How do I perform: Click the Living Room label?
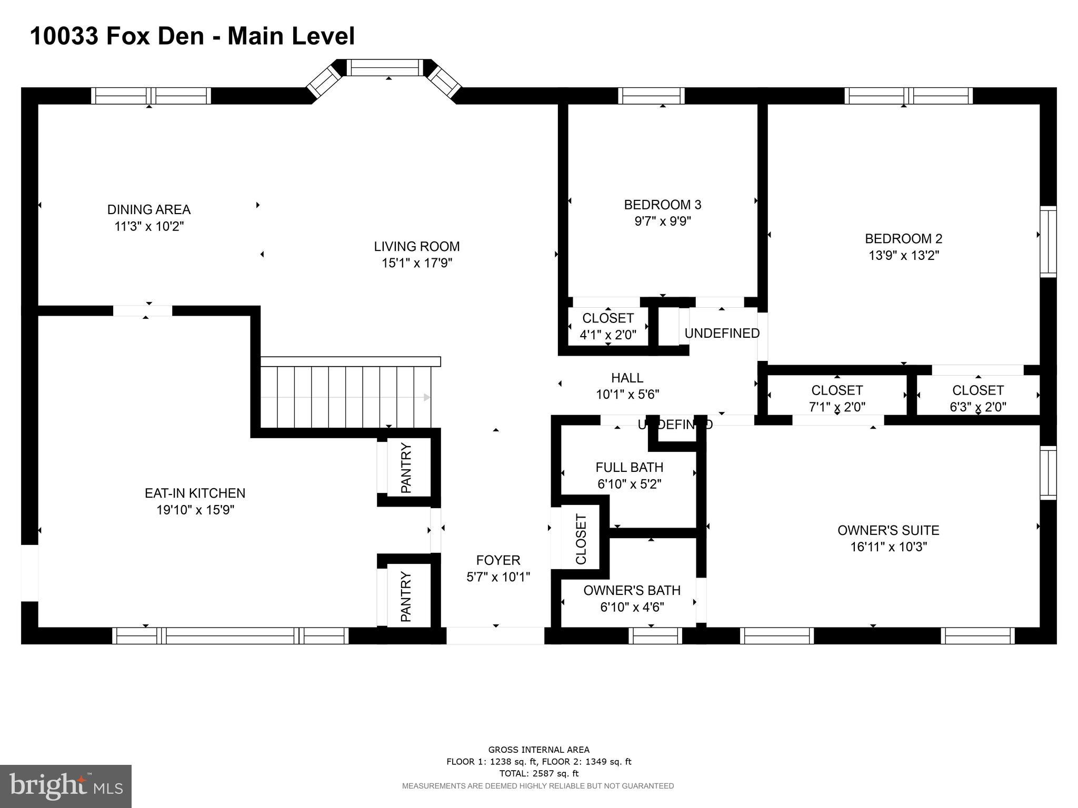point(417,246)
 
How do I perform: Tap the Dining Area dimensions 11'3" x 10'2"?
point(149,226)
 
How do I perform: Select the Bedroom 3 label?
point(663,204)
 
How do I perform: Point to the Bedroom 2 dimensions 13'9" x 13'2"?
point(904,255)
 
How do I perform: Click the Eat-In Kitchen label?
point(195,493)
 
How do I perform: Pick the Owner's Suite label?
point(889,530)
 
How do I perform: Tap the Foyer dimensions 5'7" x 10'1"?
point(498,577)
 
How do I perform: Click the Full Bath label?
point(629,467)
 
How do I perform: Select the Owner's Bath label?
point(632,590)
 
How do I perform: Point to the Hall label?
point(627,378)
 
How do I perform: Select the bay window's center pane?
point(385,68)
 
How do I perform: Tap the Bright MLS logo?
point(66,786)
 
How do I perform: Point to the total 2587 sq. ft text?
point(538,774)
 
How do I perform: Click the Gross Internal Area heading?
point(538,750)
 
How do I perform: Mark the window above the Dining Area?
point(151,96)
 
